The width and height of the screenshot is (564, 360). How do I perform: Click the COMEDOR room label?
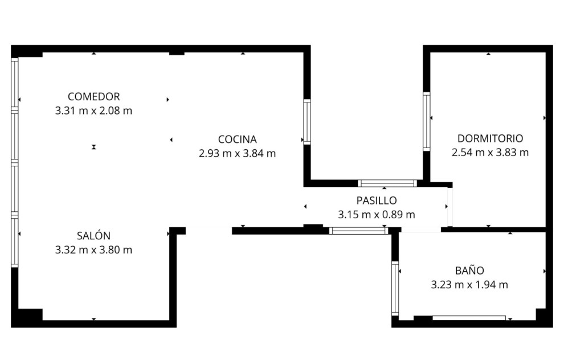(93, 96)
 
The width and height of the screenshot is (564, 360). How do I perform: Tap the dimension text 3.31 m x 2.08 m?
(93, 111)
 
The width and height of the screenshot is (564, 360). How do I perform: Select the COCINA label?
(238, 139)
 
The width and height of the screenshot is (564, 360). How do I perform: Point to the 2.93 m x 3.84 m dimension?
(238, 153)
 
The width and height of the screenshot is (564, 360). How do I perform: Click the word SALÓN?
(93, 236)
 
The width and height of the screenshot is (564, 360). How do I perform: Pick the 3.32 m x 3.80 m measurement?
(93, 249)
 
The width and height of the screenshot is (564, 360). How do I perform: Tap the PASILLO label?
(377, 201)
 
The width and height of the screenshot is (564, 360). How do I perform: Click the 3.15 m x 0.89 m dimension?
(377, 214)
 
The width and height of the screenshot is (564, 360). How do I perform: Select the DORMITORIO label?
(491, 138)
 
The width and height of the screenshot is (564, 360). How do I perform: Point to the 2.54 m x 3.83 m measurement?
(491, 152)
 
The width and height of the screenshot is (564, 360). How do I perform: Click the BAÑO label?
(469, 270)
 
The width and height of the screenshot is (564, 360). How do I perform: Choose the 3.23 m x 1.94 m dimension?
(469, 284)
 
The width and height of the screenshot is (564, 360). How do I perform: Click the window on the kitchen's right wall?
(307, 122)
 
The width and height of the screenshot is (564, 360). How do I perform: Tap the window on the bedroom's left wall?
(427, 121)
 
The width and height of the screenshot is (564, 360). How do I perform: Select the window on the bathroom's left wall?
(395, 288)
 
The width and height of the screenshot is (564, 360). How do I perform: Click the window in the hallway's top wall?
(387, 183)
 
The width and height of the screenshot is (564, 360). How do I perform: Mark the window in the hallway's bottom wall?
(358, 231)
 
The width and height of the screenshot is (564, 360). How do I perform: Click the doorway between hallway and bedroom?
(449, 207)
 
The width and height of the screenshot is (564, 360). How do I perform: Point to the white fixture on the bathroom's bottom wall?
(469, 318)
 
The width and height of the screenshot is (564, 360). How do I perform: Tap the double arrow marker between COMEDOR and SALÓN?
(94, 147)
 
